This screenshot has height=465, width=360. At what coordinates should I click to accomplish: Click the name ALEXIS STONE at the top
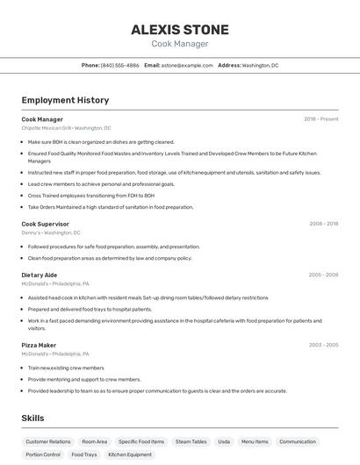(180, 29)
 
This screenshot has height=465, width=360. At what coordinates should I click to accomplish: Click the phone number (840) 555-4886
(119, 65)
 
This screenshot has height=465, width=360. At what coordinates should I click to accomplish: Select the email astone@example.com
(187, 65)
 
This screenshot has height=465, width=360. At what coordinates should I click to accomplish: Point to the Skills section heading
(33, 418)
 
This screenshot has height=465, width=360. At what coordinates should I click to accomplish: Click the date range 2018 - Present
(320, 119)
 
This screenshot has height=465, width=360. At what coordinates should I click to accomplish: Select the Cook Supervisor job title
(46, 224)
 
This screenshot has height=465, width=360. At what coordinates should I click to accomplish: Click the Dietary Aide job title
(40, 275)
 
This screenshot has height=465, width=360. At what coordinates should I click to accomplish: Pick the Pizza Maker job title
(39, 345)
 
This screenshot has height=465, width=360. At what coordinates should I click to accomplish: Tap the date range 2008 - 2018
(323, 224)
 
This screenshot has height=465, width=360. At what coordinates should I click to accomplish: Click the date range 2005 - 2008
(323, 275)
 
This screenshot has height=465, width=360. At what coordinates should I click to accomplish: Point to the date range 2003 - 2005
(323, 345)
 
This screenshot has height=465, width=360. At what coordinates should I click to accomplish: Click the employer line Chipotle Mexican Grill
(66, 128)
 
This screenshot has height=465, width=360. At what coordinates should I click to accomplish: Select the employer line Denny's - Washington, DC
(51, 232)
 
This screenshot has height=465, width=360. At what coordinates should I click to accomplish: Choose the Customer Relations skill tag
(48, 441)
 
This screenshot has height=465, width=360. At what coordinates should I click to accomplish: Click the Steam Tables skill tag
(191, 441)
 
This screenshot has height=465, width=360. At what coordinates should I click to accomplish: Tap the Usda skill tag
(224, 441)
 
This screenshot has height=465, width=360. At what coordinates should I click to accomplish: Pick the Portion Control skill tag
(43, 454)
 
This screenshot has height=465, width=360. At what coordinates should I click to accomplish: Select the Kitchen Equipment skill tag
(130, 454)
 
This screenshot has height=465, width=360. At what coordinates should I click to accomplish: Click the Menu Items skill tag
(255, 441)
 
